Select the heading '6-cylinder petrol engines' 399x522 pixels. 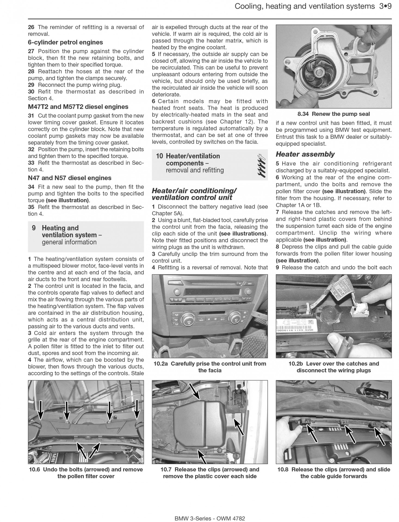65,42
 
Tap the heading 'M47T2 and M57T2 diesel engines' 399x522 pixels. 78,107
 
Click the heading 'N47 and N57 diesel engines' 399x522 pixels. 70,178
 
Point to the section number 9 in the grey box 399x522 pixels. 34,228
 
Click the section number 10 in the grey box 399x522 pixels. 160,156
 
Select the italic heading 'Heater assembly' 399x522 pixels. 305,154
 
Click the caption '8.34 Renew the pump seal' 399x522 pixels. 334,114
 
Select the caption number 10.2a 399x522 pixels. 161,364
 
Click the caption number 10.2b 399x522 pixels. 296,364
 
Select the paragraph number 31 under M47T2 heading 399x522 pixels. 31,116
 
